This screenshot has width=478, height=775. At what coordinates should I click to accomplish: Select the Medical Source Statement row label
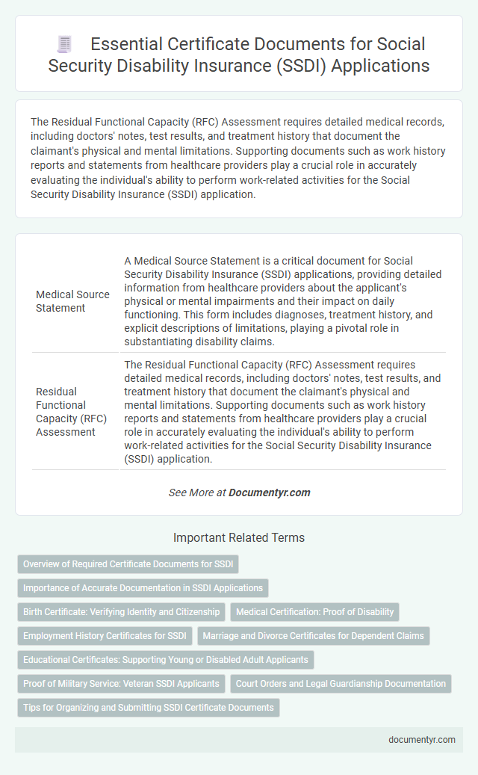tap(72, 301)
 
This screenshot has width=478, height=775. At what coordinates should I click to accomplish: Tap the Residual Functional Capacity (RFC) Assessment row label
tap(72, 411)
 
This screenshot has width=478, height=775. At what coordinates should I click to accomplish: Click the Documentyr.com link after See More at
tap(270, 493)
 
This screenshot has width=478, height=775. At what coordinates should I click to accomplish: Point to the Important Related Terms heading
tap(239, 537)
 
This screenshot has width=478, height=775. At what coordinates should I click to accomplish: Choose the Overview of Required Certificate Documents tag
tap(128, 564)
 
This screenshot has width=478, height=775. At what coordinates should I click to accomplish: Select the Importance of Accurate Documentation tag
tap(143, 588)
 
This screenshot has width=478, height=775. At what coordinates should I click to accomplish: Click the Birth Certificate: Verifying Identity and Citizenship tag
tap(121, 612)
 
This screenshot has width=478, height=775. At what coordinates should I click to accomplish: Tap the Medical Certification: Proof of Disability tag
tap(314, 612)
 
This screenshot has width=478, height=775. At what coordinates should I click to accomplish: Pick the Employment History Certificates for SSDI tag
tap(105, 636)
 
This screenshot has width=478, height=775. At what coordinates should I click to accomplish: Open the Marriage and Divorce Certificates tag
tap(313, 636)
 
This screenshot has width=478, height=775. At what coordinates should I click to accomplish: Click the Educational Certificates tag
tap(166, 660)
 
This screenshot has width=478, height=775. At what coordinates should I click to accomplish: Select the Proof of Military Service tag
tap(121, 684)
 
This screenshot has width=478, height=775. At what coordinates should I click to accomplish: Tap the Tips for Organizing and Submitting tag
tap(149, 708)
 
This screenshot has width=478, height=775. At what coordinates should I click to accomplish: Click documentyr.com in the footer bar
tap(422, 740)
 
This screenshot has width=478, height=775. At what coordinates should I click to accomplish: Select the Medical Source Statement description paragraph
tap(282, 301)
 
